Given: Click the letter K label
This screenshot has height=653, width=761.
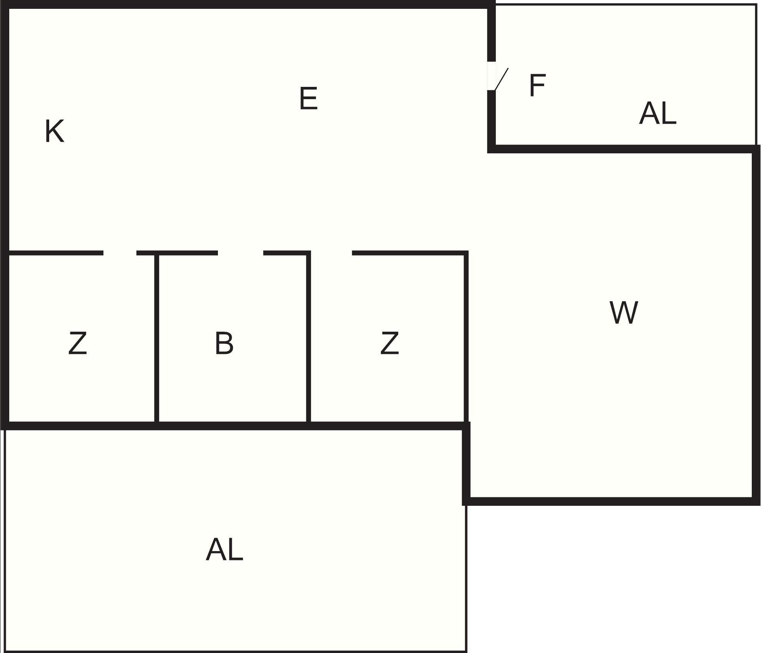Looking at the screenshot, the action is (x=55, y=131).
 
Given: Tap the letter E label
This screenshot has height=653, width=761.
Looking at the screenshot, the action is (x=309, y=98).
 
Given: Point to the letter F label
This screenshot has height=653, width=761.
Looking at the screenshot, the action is (x=537, y=85).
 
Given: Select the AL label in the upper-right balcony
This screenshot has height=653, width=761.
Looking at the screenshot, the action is (x=658, y=113).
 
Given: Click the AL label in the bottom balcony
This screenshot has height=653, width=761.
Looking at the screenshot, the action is (x=224, y=550).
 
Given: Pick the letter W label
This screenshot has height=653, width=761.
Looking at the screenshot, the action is (x=624, y=312).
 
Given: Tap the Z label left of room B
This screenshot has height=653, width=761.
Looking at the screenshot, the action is (x=78, y=343).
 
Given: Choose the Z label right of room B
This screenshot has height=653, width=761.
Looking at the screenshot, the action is (x=390, y=343).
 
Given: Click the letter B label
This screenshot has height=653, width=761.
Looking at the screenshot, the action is (x=224, y=343).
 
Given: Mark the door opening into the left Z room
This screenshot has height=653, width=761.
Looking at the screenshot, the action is (x=120, y=253).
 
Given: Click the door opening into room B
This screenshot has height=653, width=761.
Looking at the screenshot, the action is (x=241, y=253).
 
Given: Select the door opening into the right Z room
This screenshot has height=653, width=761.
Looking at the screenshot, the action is (x=331, y=253).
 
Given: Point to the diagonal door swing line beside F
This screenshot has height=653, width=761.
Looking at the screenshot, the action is (x=502, y=79).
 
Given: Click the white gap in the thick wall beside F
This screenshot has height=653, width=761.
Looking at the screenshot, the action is (x=491, y=76).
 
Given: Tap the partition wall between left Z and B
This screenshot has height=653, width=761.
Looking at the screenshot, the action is (x=157, y=338).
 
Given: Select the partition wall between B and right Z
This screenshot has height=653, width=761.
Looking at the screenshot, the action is (x=309, y=338).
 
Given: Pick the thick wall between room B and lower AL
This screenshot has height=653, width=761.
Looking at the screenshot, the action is (x=233, y=426).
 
